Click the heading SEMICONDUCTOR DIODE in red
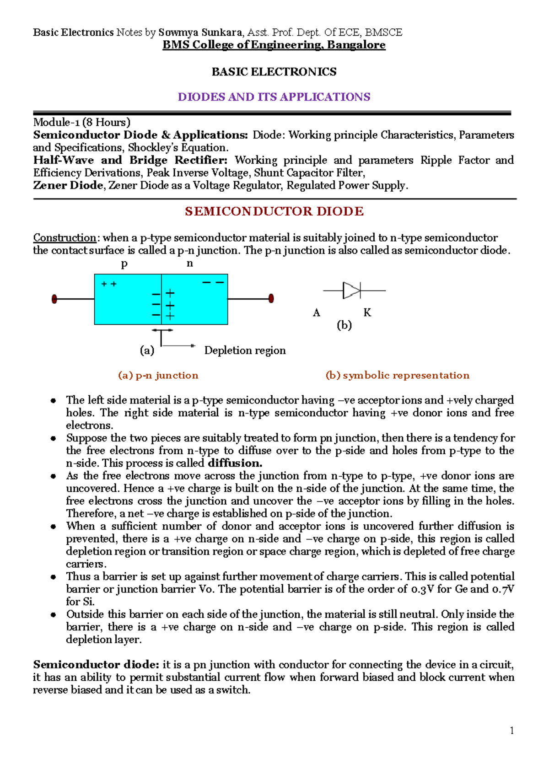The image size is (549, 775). click(x=274, y=211)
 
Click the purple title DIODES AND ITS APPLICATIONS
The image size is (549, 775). click(x=274, y=97)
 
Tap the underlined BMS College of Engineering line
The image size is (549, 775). click(x=274, y=45)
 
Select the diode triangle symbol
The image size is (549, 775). click(x=351, y=290)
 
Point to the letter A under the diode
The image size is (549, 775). click(x=316, y=313)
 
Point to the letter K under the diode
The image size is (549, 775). click(x=367, y=313)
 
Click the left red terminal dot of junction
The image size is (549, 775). click(x=54, y=299)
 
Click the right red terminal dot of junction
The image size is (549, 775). click(x=271, y=299)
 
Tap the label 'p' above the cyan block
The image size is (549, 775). click(x=124, y=264)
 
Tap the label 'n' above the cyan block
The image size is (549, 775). click(x=189, y=264)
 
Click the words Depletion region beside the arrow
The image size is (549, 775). click(x=245, y=350)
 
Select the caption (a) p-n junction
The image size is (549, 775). click(x=158, y=376)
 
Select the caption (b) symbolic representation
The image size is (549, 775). click(x=397, y=376)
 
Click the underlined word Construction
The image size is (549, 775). click(x=65, y=238)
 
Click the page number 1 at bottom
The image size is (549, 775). click(x=511, y=731)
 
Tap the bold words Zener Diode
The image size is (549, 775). click(x=68, y=185)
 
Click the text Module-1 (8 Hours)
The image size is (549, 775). click(x=81, y=122)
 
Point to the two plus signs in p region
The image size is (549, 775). click(x=109, y=284)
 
